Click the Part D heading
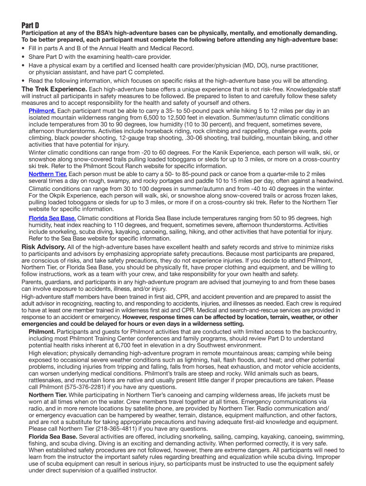coord(30,25)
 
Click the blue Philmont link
coord(42,111)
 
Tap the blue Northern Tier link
coord(48,174)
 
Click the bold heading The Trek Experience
coord(55,89)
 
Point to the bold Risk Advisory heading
coord(44,247)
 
